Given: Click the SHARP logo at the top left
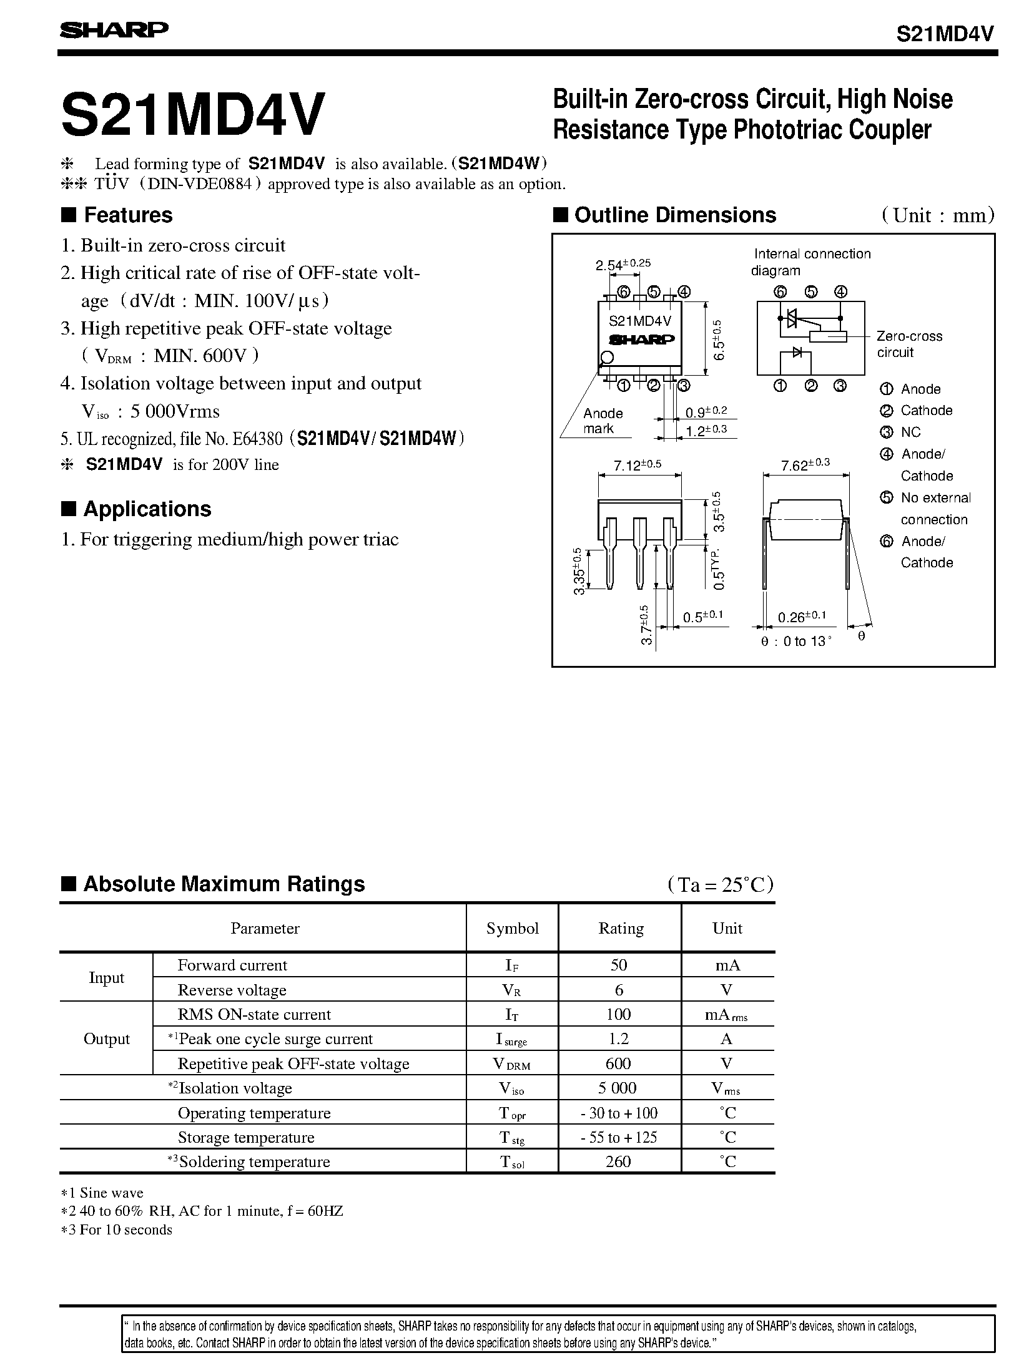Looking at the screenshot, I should coord(114,30).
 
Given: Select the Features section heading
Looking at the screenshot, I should coord(127,215).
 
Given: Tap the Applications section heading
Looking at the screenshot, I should coord(147,509).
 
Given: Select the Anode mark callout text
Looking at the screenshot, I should coord(603,421).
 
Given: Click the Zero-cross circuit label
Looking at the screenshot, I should coord(908,344).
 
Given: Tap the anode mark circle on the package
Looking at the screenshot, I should coord(606,358).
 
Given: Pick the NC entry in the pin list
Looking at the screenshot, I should coord(910,432).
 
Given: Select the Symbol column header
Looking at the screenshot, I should coord(512,928).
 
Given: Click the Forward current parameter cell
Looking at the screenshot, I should coord(232,965).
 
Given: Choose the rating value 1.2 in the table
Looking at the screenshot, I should coord(618,1038).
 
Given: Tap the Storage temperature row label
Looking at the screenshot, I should coord(245,1137).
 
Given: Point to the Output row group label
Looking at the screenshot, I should coord(107,1038).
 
